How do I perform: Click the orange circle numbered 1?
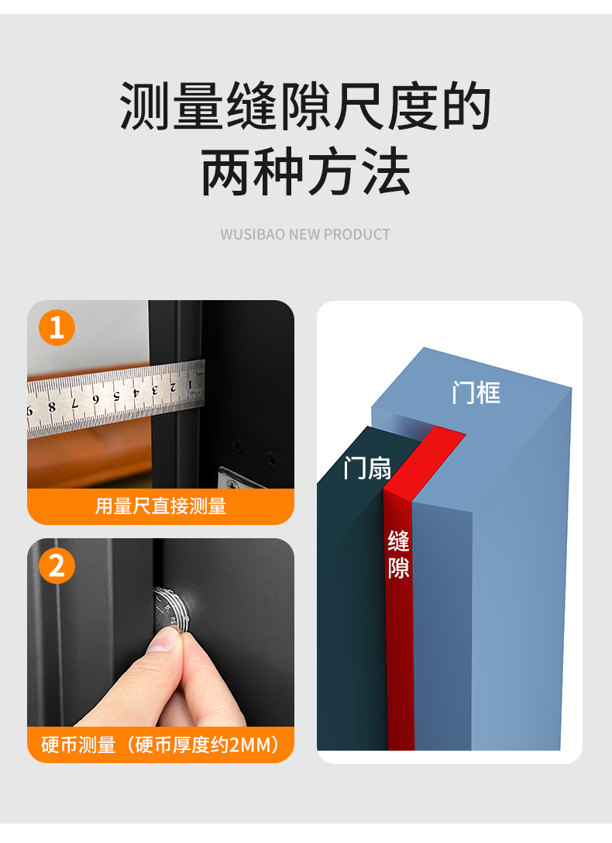pyautogui.click(x=57, y=327)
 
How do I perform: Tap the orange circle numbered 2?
pyautogui.click(x=57, y=565)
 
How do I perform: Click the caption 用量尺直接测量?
pyautogui.click(x=160, y=506)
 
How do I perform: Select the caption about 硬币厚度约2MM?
pyautogui.click(x=160, y=745)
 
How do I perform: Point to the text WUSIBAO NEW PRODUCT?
pyautogui.click(x=305, y=234)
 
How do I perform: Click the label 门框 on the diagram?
pyautogui.click(x=476, y=392)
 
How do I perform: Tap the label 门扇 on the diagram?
pyautogui.click(x=368, y=468)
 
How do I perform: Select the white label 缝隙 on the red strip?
pyautogui.click(x=399, y=555)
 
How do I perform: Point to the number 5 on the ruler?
pyautogui.click(x=116, y=396)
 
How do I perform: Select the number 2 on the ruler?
pyautogui.click(x=173, y=387)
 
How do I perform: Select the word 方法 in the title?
pyautogui.click(x=359, y=171)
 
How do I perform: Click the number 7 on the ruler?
pyautogui.click(x=75, y=403)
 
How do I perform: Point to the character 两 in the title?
pyautogui.click(x=226, y=171)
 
